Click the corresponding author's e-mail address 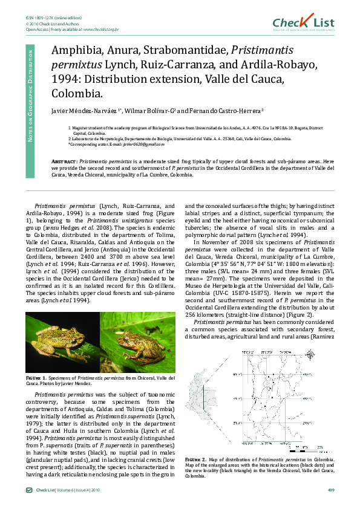click(143, 144)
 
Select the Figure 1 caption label click(38, 377)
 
